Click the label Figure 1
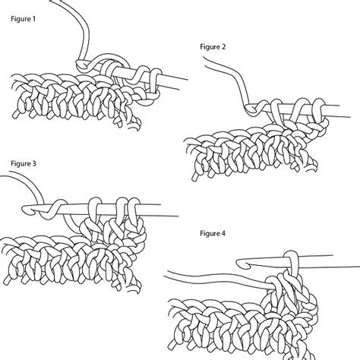pos(23,19)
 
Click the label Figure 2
pos(213,47)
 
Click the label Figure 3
pos(24,163)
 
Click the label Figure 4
pos(213,233)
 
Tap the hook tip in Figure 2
pos(250,109)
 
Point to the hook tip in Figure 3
pos(26,210)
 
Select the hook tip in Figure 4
pos(242,264)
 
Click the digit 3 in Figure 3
pos(34,163)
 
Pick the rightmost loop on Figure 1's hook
pos(155,81)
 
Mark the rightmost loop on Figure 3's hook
pos(134,210)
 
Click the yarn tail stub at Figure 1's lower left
pos(16,115)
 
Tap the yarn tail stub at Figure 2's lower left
pos(195,177)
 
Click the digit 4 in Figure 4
pos(223,233)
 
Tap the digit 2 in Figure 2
pos(223,47)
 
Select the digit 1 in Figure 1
pos(34,19)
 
